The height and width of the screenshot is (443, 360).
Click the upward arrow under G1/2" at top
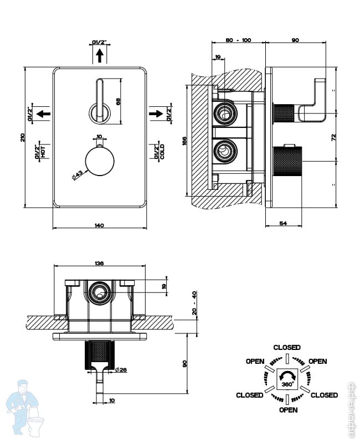pyautogui.click(x=100, y=55)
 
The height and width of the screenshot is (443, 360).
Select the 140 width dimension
pyautogui.click(x=99, y=225)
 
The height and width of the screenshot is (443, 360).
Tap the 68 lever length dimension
pyautogui.click(x=117, y=101)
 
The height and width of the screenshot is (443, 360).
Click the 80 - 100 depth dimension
pyautogui.click(x=239, y=40)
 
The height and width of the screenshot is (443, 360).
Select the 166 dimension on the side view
pyautogui.click(x=184, y=141)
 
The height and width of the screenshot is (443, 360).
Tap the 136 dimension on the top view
pyautogui.click(x=100, y=263)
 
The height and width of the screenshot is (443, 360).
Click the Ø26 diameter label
pyautogui.click(x=122, y=370)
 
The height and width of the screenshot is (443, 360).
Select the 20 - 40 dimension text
pyautogui.click(x=194, y=302)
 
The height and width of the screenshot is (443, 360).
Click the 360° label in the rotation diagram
pyautogui.click(x=287, y=384)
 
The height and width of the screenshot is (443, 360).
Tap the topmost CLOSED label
pyautogui.click(x=287, y=347)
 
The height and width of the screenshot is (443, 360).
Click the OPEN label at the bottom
pyautogui.click(x=288, y=410)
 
